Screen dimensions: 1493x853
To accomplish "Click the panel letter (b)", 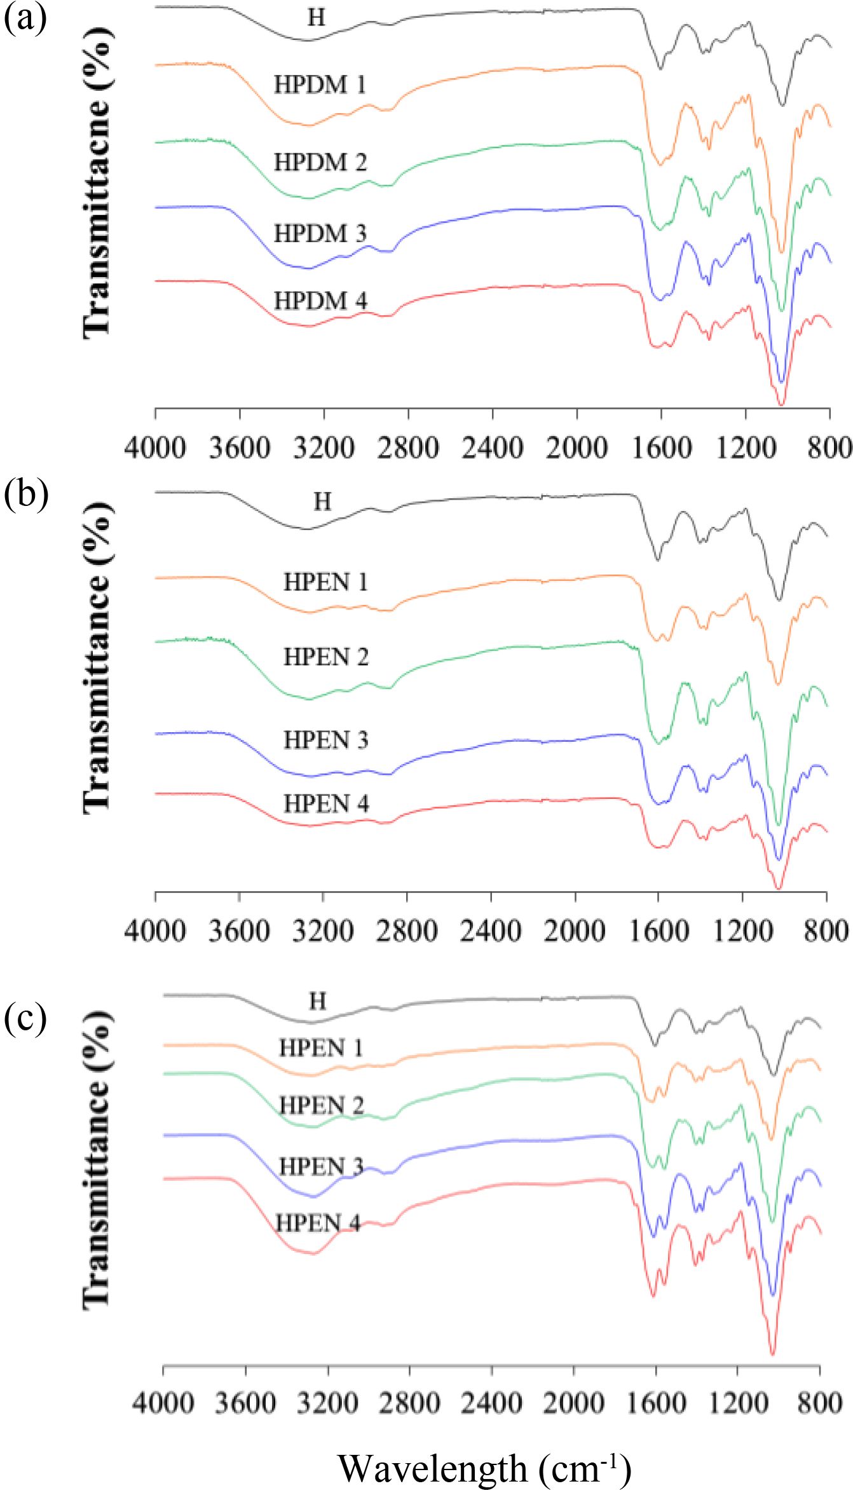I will tap(25, 494).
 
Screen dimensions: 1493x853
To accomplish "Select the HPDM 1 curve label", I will tap(320, 85).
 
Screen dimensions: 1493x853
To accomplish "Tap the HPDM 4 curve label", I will tap(320, 301).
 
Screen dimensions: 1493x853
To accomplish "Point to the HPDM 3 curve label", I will tap(320, 234).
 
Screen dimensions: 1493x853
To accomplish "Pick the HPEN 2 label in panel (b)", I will tap(326, 657).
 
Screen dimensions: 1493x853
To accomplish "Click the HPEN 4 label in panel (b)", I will tap(326, 804).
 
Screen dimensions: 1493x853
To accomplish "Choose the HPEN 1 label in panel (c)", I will tap(321, 1048).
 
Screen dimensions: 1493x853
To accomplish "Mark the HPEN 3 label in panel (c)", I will tap(321, 1167).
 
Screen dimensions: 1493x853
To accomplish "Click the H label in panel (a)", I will tap(316, 18).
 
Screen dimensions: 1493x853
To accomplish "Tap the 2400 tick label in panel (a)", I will tap(493, 448).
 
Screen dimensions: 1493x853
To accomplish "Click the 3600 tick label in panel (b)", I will tap(239, 931).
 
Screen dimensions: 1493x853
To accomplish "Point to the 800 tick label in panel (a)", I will tap(831, 448).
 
